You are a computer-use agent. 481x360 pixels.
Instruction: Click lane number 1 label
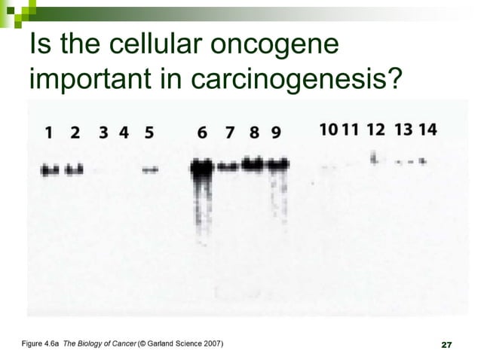point(49,133)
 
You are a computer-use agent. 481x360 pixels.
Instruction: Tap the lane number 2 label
point(75,133)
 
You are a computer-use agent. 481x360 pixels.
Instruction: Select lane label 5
point(149,133)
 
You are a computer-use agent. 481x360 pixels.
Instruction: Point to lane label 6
point(202,133)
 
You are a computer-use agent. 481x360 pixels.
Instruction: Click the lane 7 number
point(231,133)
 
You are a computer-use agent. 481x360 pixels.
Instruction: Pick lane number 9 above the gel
point(276,133)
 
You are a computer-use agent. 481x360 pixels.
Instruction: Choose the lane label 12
point(375,129)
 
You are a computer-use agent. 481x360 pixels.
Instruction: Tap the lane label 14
point(427,129)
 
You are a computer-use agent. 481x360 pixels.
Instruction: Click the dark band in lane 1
point(50,170)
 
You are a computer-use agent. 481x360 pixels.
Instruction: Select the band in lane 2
point(75,170)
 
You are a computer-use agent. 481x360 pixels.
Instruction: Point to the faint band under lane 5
point(150,170)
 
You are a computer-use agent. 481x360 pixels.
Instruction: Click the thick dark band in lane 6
point(201,169)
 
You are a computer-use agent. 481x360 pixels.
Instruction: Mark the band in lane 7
point(229,167)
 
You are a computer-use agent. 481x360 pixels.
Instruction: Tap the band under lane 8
point(254,163)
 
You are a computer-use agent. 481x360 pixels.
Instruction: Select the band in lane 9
point(278,164)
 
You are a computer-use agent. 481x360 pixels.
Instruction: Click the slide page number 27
point(445,345)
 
